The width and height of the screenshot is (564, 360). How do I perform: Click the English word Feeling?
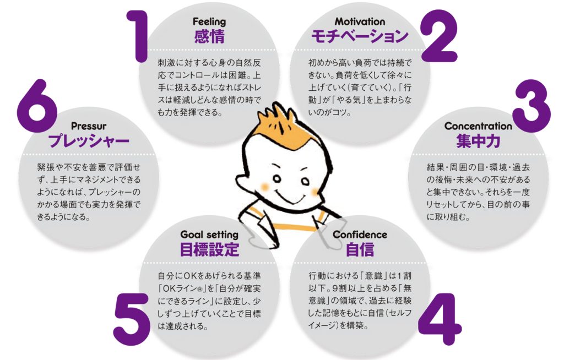point(209,22)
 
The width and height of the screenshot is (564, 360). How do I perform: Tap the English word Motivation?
point(360,21)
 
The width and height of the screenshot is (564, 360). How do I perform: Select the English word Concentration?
point(478,126)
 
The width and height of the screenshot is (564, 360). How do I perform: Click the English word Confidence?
point(360,235)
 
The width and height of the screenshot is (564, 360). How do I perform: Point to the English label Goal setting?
point(209,235)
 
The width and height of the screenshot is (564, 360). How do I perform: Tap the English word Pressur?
point(89,126)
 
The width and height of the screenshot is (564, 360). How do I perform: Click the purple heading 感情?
point(209,37)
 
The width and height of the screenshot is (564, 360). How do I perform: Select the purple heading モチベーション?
point(360,37)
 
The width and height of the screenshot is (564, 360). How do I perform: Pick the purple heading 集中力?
point(478,141)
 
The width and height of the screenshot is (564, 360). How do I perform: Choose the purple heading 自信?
point(360,249)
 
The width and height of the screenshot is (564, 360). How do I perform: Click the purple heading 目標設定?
point(209,249)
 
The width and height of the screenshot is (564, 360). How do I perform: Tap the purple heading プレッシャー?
point(89,141)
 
